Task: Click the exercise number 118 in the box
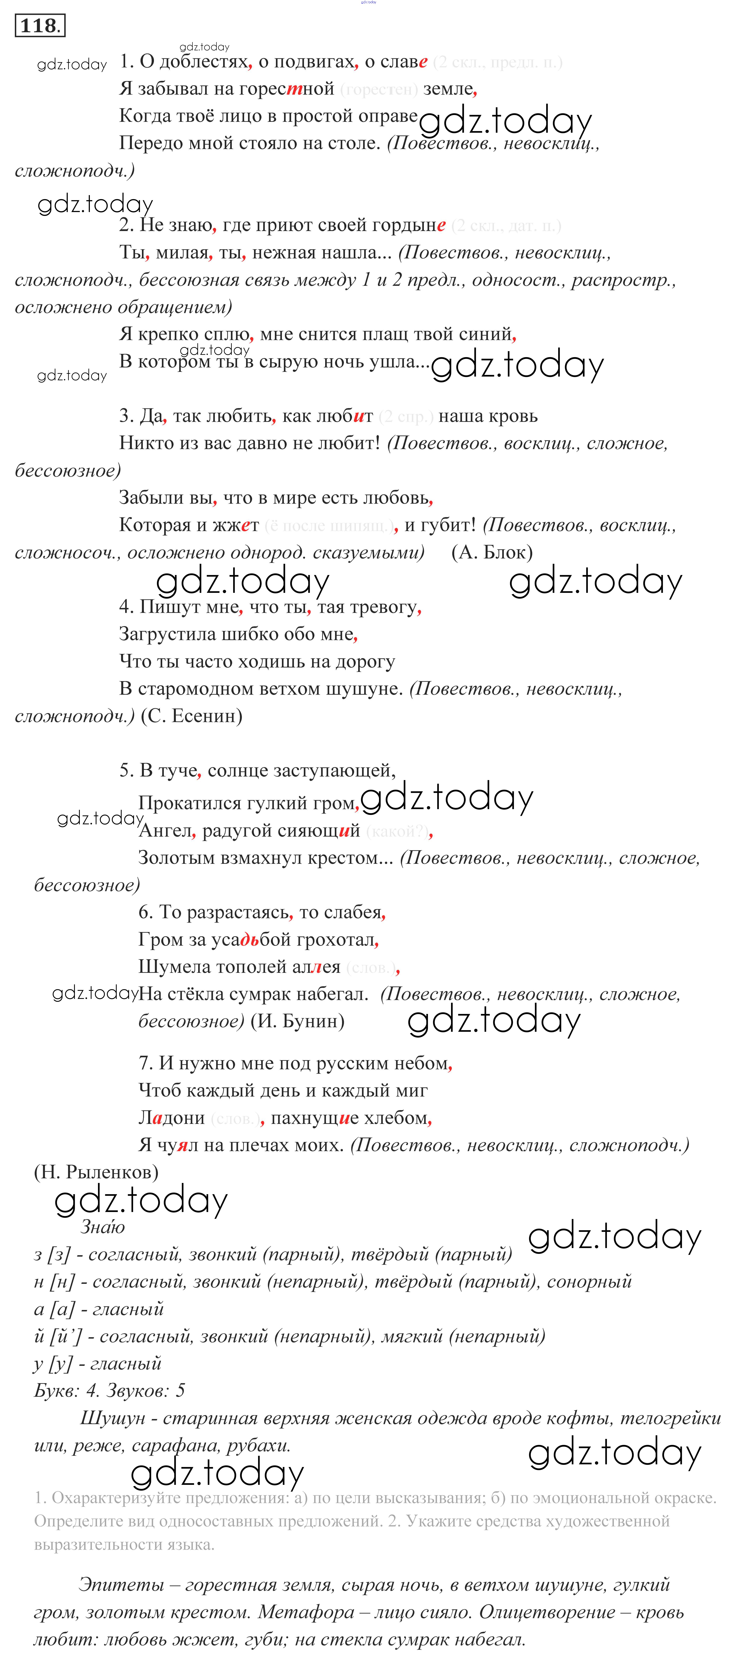[x=39, y=26]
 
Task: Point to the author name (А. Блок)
[x=492, y=552]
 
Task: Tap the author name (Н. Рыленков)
[x=96, y=1172]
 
